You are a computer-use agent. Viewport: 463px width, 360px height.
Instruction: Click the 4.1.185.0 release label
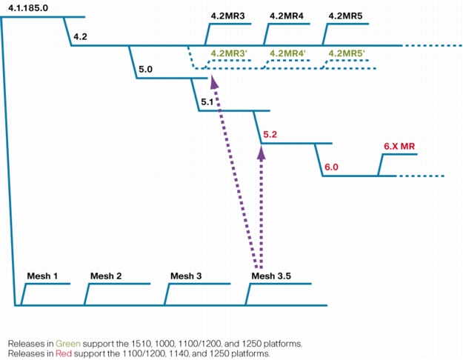(x=28, y=8)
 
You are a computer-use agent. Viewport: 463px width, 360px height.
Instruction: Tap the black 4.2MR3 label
(x=227, y=16)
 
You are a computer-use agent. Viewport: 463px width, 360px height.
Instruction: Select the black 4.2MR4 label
(x=287, y=16)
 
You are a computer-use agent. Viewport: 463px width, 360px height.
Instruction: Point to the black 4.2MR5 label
(x=345, y=16)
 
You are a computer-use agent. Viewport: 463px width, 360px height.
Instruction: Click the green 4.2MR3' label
(x=229, y=53)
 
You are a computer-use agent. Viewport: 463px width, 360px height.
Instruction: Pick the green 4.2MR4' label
(x=287, y=53)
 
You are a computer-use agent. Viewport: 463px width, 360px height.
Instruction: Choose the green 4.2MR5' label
(x=347, y=53)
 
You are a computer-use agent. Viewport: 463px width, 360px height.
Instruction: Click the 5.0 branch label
(x=146, y=70)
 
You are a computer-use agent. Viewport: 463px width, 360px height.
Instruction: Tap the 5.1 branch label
(x=207, y=102)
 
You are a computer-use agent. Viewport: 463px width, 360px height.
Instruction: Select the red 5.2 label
(x=270, y=135)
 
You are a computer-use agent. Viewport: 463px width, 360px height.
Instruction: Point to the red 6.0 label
(x=331, y=167)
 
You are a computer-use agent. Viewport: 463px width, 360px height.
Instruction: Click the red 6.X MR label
(x=399, y=146)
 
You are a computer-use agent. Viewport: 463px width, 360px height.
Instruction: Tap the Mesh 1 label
(x=42, y=276)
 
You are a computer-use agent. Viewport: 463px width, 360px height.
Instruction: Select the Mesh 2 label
(x=106, y=276)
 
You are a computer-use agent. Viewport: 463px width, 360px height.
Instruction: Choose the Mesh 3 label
(x=186, y=276)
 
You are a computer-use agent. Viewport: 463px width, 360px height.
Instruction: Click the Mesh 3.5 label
(x=271, y=276)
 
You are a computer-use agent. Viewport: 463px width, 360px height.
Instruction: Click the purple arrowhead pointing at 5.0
(x=214, y=81)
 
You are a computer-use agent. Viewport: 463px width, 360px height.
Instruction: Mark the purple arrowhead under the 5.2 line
(x=262, y=153)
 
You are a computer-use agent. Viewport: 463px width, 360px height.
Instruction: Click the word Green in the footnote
(x=68, y=344)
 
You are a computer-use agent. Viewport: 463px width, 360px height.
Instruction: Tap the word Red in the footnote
(x=64, y=353)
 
